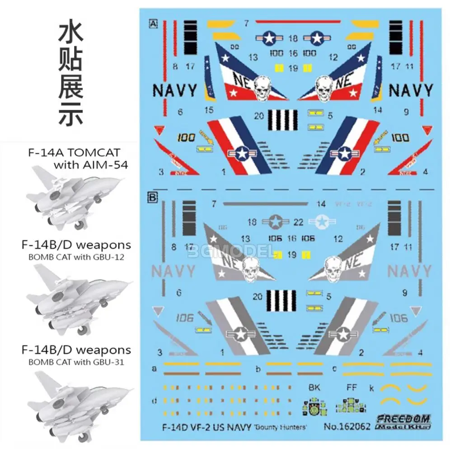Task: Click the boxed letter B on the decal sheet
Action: coord(153,198)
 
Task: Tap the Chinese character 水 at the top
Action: coord(71,33)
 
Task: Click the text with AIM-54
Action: coord(90,165)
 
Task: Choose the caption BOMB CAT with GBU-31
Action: coord(76,362)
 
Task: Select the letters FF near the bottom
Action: coord(351,388)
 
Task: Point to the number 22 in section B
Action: coord(298,222)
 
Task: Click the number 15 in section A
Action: coord(209,110)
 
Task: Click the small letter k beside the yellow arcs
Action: coord(371,388)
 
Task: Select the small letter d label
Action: coord(155,400)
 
